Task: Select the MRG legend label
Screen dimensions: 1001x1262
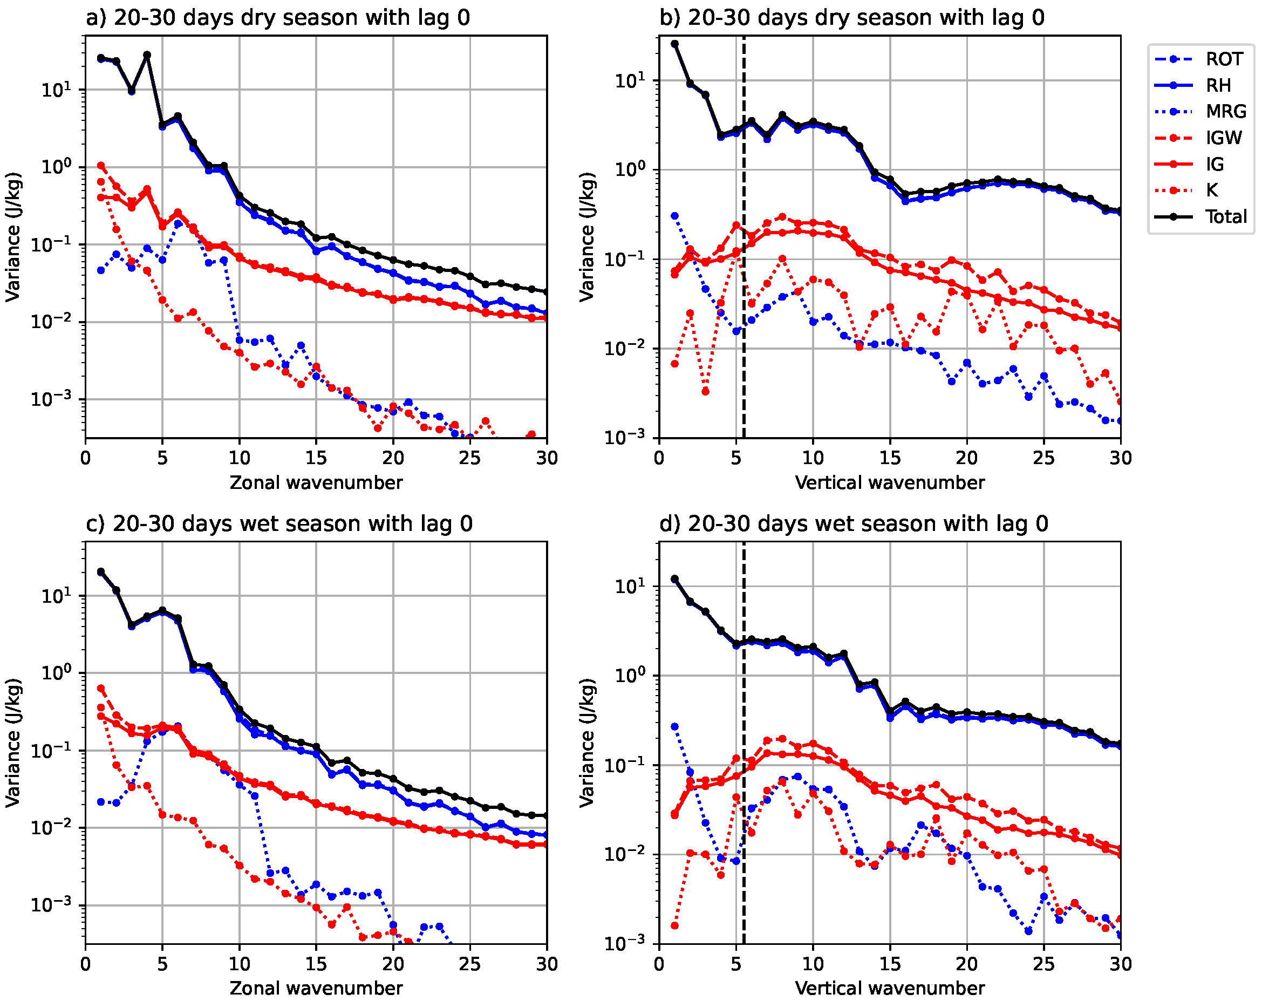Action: pos(1226,111)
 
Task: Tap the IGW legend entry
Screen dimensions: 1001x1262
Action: pos(1223,138)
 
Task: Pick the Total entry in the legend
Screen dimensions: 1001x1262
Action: pos(1226,216)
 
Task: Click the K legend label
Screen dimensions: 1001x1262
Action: pos(1212,190)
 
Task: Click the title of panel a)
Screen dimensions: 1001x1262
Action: pos(277,18)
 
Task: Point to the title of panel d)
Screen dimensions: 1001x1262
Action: pos(854,523)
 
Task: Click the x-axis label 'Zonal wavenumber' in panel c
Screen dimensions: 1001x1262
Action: pos(316,988)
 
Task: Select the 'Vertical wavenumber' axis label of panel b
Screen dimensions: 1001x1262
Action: pos(890,482)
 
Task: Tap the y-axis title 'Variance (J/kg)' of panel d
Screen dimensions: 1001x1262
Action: pos(586,744)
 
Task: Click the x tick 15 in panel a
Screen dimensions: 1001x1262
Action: pos(316,458)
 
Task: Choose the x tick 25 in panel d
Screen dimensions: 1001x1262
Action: pos(1043,964)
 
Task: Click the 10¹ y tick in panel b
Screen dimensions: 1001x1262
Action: pos(629,81)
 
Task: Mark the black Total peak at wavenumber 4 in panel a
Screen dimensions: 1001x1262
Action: pos(147,55)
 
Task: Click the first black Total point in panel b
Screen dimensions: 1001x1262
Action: pos(674,44)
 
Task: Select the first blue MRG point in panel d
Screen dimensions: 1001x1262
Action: pos(674,726)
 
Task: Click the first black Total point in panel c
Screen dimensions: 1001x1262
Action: pos(101,571)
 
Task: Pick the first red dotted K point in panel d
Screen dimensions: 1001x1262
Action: pos(674,925)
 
